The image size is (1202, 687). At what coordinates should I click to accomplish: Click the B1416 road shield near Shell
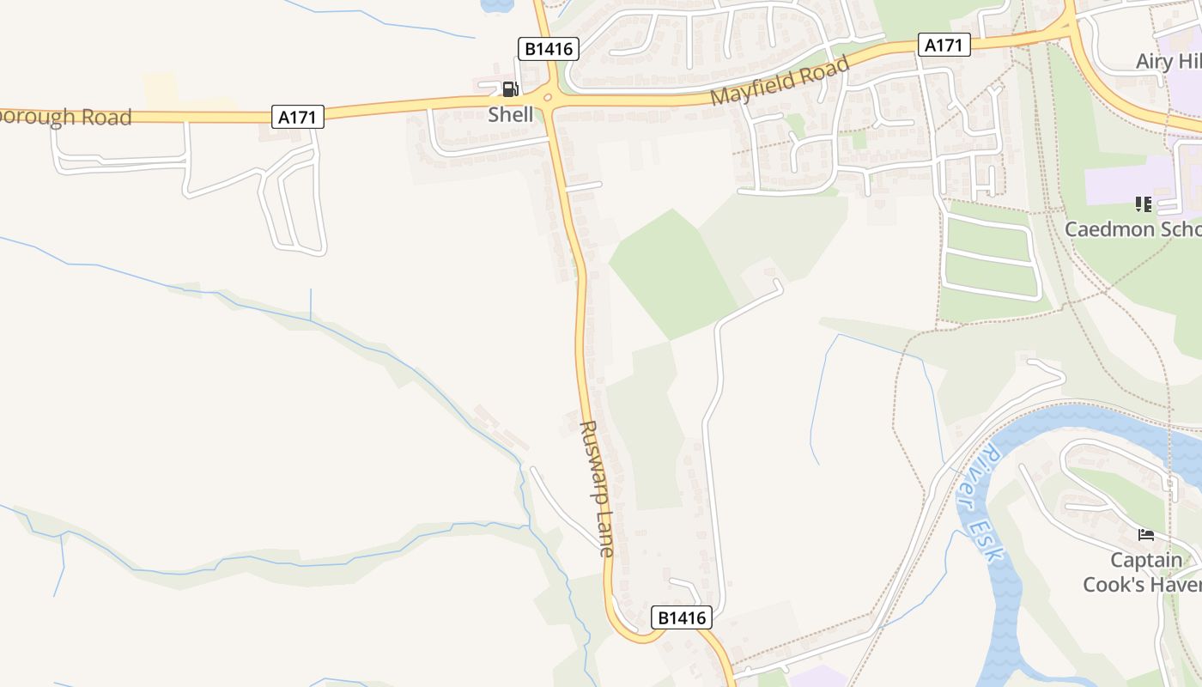click(549, 49)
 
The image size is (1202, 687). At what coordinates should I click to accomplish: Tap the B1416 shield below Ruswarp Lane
click(683, 617)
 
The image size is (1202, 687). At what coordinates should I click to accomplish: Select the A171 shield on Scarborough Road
click(298, 117)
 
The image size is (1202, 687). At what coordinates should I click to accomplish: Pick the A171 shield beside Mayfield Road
click(944, 45)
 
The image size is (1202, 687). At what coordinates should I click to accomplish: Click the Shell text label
click(511, 114)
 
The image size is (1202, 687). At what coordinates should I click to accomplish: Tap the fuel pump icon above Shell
click(509, 89)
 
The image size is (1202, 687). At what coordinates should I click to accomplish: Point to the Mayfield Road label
click(780, 81)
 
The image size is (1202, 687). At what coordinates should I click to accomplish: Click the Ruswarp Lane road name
click(597, 489)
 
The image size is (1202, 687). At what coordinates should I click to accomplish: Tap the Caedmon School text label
click(1132, 229)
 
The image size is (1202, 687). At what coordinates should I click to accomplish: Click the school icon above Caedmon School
click(1144, 204)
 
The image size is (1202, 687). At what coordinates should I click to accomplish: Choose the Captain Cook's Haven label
click(1142, 573)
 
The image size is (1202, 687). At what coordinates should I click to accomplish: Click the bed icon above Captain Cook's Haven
click(1146, 535)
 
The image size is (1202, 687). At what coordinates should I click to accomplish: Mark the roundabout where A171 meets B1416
click(549, 97)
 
